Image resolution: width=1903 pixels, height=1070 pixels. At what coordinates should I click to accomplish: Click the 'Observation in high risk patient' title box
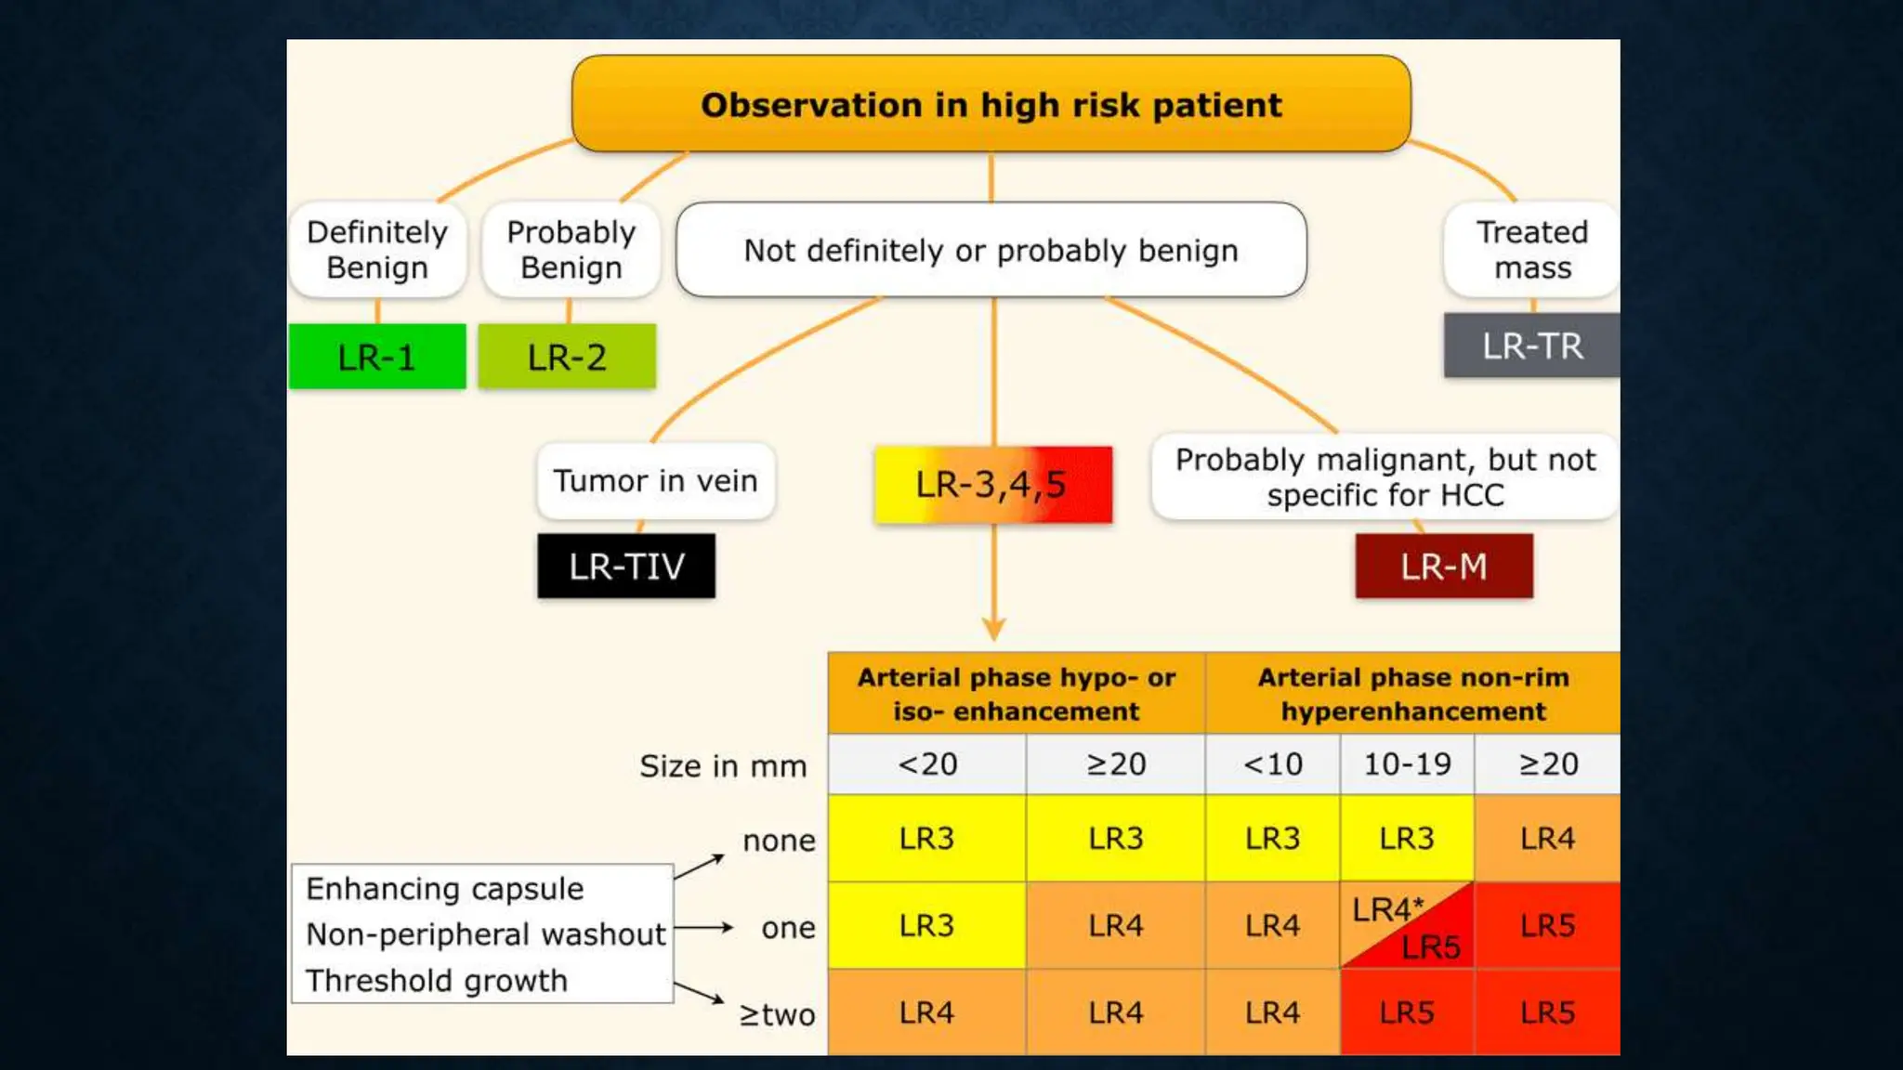click(991, 104)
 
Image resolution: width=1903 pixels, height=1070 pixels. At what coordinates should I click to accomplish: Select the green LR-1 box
click(376, 357)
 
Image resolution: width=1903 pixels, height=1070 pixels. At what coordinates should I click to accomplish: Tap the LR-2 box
click(567, 357)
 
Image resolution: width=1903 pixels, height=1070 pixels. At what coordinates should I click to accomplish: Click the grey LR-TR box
click(1531, 346)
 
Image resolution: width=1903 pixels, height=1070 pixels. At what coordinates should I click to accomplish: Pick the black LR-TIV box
click(626, 566)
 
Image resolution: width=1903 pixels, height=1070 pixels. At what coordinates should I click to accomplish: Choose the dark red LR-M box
click(1443, 566)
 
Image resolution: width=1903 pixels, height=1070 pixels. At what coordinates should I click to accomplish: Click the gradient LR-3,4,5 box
click(992, 484)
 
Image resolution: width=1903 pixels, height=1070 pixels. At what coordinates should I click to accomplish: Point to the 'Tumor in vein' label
click(655, 480)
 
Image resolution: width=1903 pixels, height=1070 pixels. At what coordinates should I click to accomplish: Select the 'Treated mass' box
click(1531, 249)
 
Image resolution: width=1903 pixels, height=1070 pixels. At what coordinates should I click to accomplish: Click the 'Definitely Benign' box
click(377, 249)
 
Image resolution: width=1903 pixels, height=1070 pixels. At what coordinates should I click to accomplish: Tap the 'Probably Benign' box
click(571, 249)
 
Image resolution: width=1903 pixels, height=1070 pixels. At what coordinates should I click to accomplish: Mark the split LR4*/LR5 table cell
click(1406, 926)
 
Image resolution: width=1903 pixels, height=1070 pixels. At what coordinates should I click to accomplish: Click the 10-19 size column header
click(1406, 764)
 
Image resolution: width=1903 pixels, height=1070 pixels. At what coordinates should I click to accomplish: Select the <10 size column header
click(1272, 764)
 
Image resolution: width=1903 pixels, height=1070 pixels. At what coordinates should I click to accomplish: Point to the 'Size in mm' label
click(723, 766)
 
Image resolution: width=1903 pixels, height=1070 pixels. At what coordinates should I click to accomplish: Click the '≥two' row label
click(777, 1014)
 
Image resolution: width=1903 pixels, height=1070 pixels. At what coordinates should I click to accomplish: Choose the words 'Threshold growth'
click(436, 981)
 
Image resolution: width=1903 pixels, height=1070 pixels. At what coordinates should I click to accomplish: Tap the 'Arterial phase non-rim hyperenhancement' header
click(1412, 694)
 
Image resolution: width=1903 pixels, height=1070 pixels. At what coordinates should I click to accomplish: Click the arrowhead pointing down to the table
click(993, 630)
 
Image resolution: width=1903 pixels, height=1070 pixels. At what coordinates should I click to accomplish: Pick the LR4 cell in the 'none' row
click(1547, 839)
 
